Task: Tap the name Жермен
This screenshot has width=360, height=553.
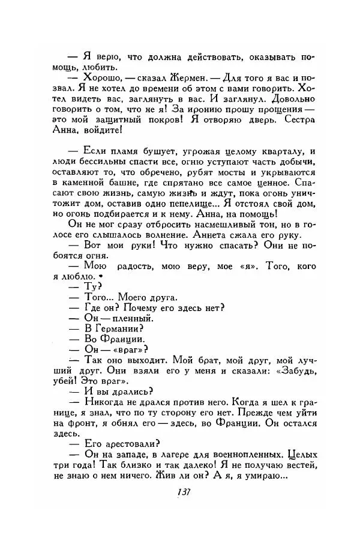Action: pyautogui.click(x=172, y=77)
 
